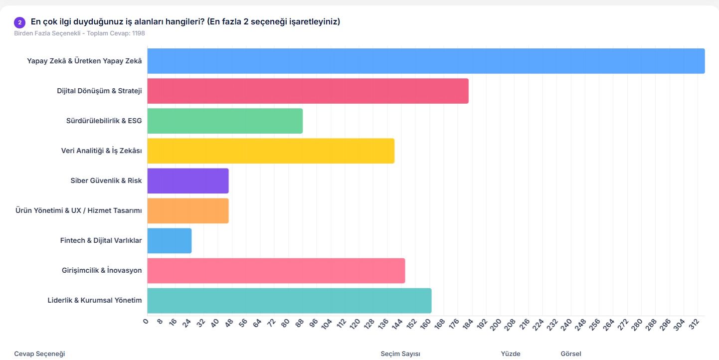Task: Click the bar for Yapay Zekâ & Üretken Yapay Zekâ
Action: [426, 61]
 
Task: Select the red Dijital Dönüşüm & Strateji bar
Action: [308, 91]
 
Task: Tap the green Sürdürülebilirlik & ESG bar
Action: [225, 121]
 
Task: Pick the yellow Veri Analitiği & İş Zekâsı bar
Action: [271, 151]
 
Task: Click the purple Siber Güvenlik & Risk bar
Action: [188, 180]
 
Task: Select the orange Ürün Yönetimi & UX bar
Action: [188, 210]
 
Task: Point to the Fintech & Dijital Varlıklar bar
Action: [170, 240]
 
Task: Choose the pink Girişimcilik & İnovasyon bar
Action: [276, 270]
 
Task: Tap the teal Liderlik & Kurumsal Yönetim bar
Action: [289, 300]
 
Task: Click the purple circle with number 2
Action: [20, 22]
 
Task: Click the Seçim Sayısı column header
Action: [400, 354]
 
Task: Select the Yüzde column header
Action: [511, 354]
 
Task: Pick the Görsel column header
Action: [571, 354]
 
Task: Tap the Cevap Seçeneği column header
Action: [39, 354]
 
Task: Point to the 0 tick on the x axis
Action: [146, 322]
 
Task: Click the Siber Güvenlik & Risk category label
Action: [106, 180]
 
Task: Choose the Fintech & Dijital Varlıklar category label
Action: [101, 240]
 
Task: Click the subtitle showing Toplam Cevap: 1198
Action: [80, 33]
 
